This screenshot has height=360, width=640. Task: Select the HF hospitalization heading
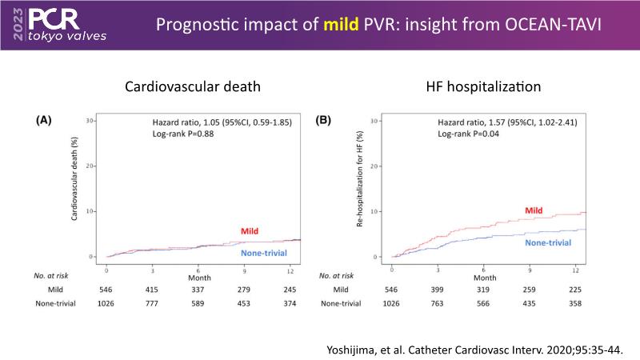coord(472,87)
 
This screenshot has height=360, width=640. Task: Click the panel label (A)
coord(45,121)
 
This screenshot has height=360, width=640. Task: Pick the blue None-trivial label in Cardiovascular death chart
coord(263,254)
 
